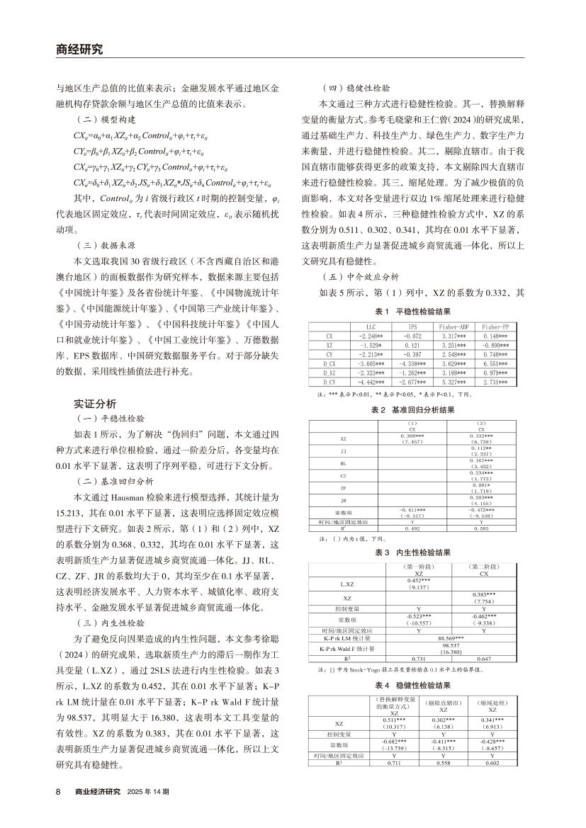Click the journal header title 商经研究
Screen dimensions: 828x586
79,50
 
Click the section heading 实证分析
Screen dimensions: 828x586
95,404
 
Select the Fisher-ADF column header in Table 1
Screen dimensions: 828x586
443,327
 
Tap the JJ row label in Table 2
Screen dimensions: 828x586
343,450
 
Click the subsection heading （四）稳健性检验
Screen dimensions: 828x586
356,91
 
